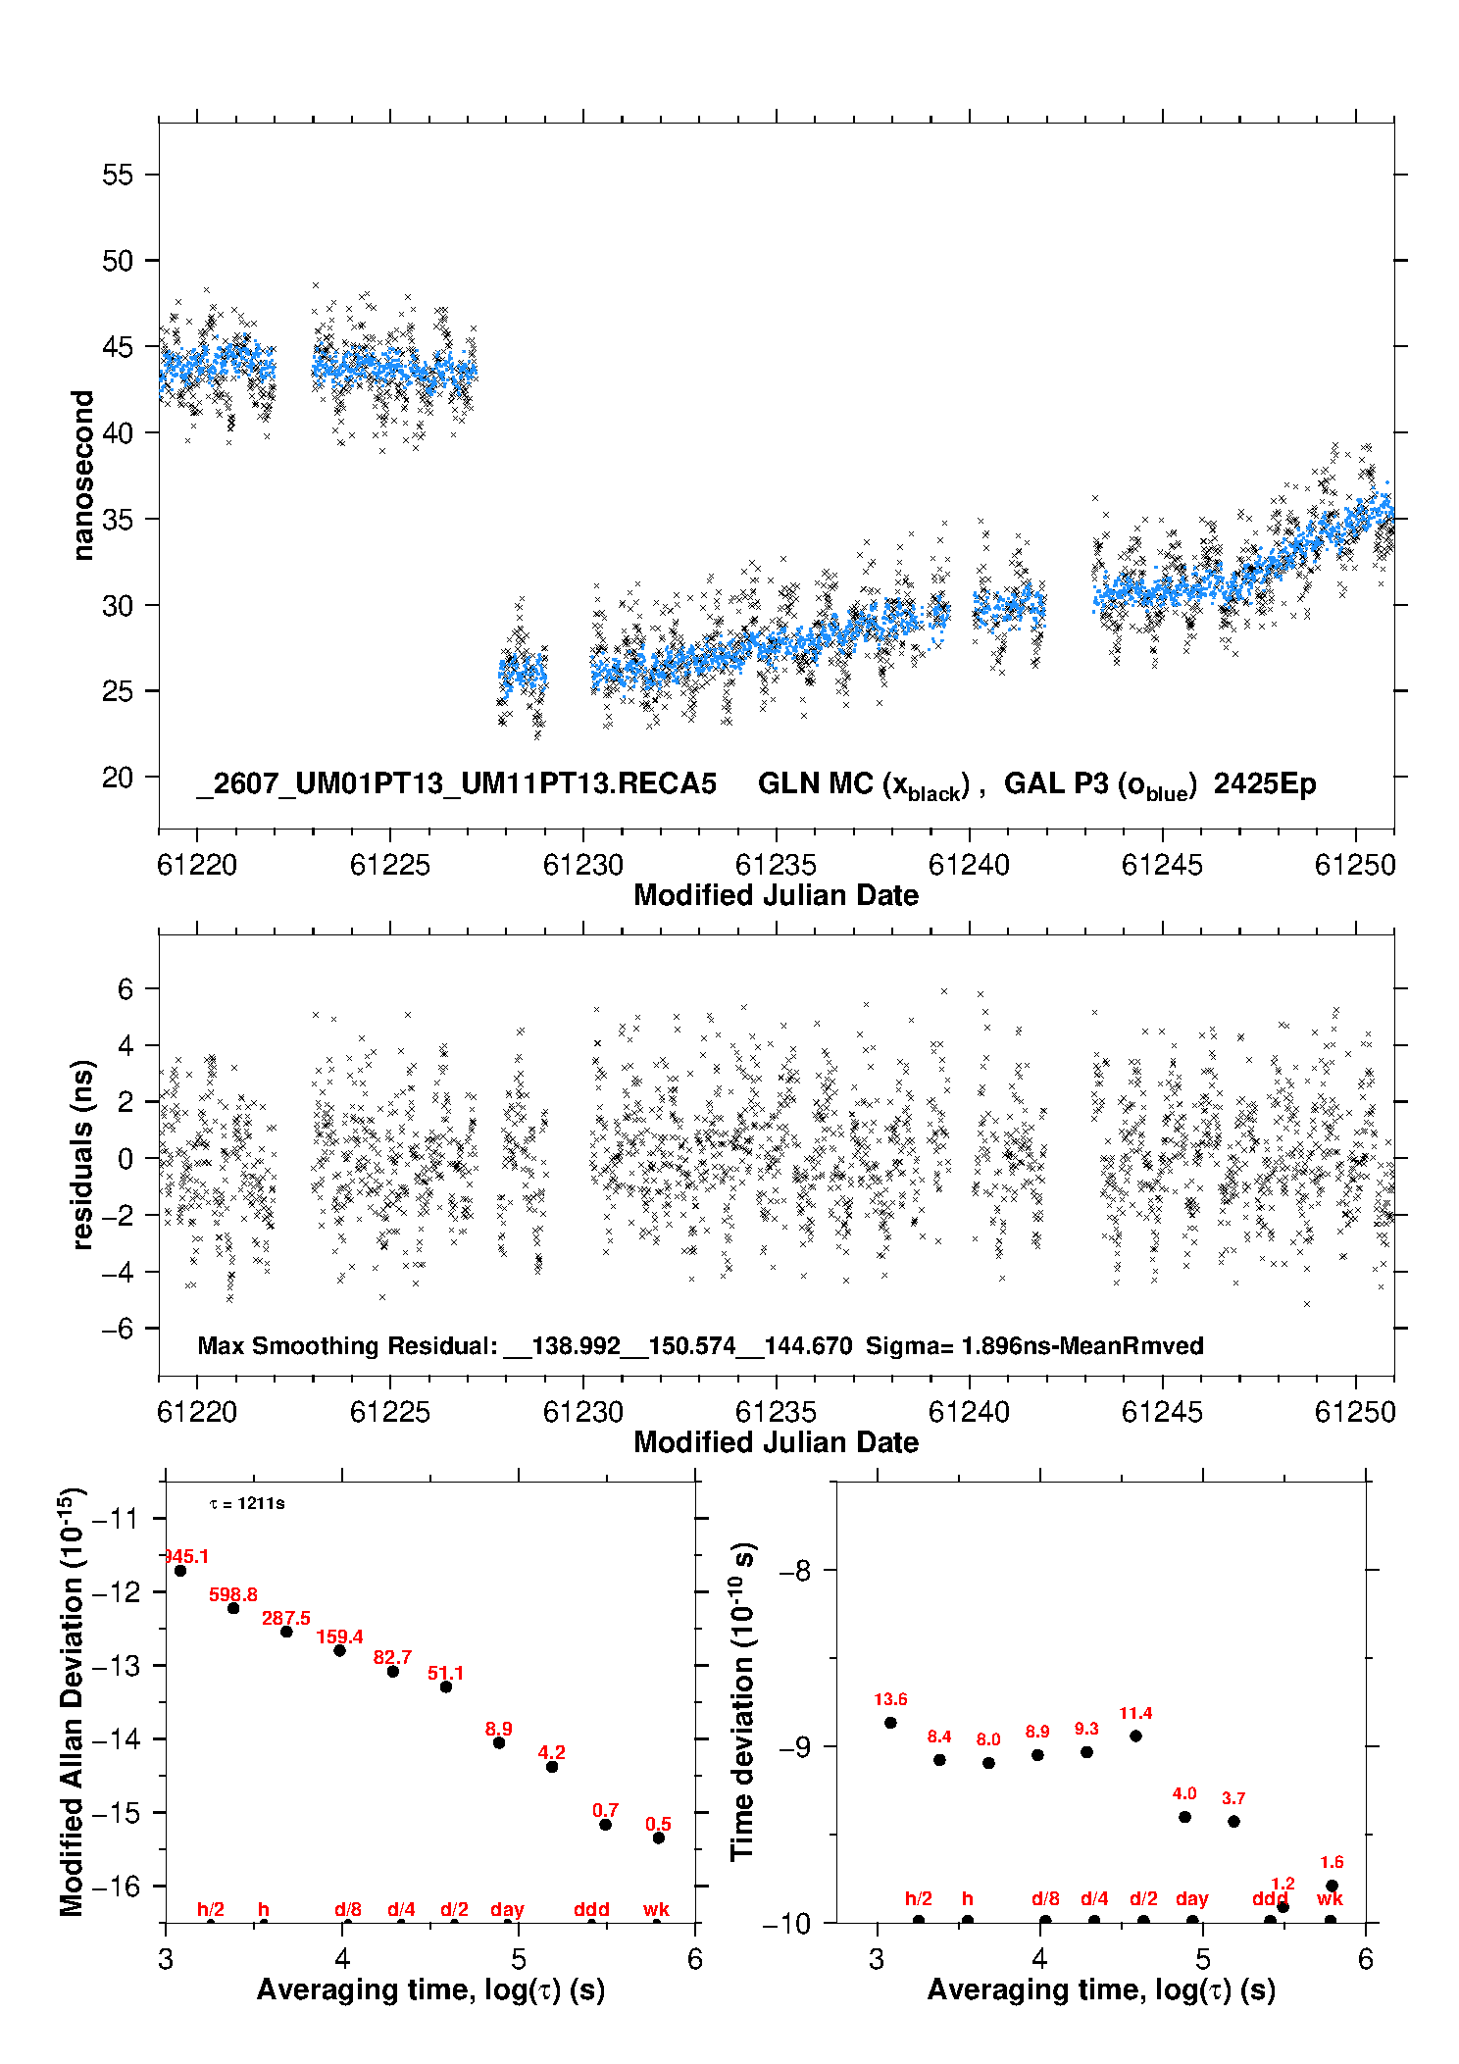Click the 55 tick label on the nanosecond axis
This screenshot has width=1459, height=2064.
point(117,175)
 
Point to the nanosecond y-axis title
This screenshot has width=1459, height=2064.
point(83,476)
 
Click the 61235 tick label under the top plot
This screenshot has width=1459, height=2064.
point(776,865)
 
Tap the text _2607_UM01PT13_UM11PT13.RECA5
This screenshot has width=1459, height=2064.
point(457,783)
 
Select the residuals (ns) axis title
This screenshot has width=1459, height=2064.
point(83,1155)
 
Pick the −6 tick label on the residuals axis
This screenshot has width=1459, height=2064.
point(117,1329)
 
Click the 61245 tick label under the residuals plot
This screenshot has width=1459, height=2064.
point(1162,1412)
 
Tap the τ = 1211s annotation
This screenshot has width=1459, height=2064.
point(247,1503)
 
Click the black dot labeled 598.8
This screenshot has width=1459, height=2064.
point(233,1608)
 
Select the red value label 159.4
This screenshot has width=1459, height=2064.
point(339,1636)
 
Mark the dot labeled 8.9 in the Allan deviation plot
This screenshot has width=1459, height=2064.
point(498,1742)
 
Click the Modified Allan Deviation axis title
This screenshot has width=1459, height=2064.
point(73,1701)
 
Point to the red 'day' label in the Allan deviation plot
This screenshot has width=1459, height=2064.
point(507,1909)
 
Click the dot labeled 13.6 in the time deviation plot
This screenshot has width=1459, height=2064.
point(890,1723)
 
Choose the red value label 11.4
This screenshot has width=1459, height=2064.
point(1135,1713)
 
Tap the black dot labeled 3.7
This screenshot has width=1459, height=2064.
point(1233,1821)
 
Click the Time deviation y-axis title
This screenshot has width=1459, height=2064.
point(742,1701)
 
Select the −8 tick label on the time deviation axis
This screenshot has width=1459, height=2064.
point(794,1570)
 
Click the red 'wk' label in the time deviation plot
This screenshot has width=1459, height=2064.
point(1330,1898)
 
